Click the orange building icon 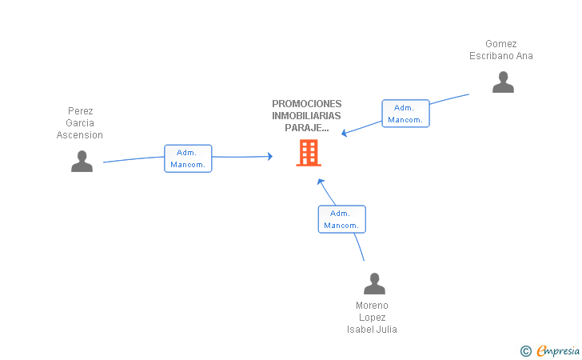(308, 153)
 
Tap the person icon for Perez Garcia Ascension (82, 161)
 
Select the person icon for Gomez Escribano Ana (503, 82)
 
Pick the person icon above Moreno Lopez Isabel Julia (374, 284)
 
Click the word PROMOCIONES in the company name (306, 103)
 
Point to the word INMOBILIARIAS (306, 115)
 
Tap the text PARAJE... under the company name (306, 127)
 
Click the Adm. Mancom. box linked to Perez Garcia (188, 158)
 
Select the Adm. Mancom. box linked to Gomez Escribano (405, 114)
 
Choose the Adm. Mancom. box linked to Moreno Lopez (341, 219)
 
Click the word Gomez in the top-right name (501, 44)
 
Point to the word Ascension (80, 135)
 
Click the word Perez (81, 111)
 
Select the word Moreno (372, 306)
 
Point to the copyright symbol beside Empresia (525, 350)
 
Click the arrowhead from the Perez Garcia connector (269, 156)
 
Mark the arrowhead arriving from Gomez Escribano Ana (345, 133)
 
